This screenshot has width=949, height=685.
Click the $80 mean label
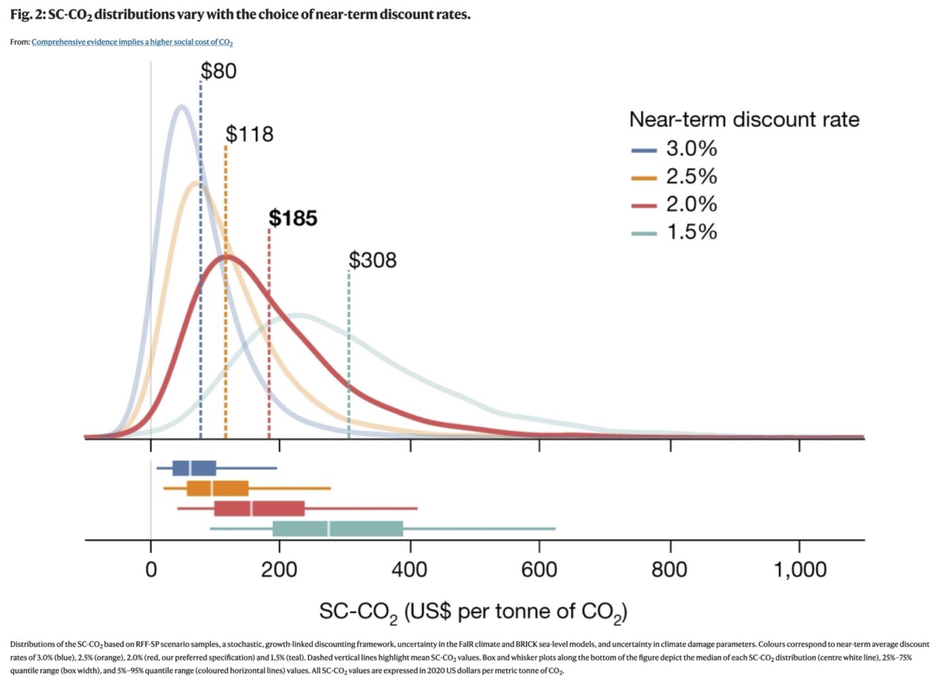[219, 71]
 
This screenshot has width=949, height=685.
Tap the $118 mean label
[250, 134]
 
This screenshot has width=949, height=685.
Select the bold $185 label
[293, 218]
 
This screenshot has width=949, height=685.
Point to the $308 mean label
[373, 260]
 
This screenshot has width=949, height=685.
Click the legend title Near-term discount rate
[744, 120]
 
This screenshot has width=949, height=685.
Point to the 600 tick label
[539, 570]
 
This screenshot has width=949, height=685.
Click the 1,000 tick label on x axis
[800, 570]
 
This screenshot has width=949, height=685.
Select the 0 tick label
[151, 570]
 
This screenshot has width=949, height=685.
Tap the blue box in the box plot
[194, 468]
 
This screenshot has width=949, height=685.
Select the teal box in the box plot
[338, 529]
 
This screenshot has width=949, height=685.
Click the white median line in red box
[251, 508]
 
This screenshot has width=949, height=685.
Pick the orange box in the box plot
[218, 488]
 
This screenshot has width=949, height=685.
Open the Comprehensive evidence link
[132, 42]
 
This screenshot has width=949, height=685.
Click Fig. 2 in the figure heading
[28, 15]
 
